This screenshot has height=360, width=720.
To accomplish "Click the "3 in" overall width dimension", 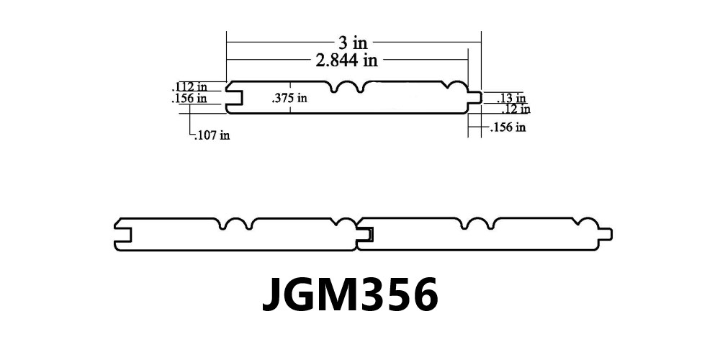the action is tap(353, 42).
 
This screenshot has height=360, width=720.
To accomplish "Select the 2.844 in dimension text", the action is tap(347, 60).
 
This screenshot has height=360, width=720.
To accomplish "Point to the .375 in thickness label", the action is tap(289, 98).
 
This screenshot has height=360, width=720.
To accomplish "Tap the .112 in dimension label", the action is tap(189, 87).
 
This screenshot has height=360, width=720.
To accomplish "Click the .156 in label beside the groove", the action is tap(189, 98).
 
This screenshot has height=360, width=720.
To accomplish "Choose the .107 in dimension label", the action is tap(212, 135).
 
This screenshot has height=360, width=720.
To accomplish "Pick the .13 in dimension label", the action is tap(511, 98).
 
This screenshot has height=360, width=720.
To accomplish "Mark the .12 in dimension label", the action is tap(516, 109).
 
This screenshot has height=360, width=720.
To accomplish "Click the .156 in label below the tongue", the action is tap(508, 127).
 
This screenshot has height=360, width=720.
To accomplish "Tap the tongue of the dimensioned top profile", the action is tap(474, 97).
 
